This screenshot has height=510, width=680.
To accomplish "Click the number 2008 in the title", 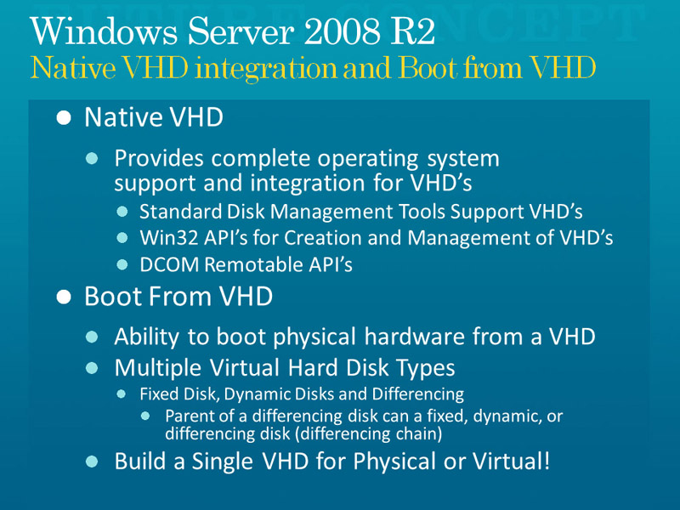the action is coord(342,31).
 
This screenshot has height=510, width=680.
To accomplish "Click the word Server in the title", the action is coord(241,31).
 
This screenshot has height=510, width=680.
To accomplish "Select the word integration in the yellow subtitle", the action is coord(265,69).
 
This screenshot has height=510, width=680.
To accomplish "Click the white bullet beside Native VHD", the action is coord(64,118).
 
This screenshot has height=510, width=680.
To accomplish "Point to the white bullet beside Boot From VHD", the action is coord(64,297).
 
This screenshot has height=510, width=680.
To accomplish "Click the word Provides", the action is coord(159,159).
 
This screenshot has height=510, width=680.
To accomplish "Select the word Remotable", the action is coord(253,264).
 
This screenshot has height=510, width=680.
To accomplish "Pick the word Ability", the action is coord(146,337).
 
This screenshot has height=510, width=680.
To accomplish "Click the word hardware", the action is coord(415,337).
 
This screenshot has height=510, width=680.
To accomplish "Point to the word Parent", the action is coord(189,416).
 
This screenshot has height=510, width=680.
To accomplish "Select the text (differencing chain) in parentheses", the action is coord(368,433).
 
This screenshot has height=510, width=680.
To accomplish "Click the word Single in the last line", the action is coord(223,461).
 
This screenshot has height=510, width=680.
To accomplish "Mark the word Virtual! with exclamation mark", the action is coord(512,461).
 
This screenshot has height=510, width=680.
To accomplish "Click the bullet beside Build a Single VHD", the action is coord(92,462).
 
